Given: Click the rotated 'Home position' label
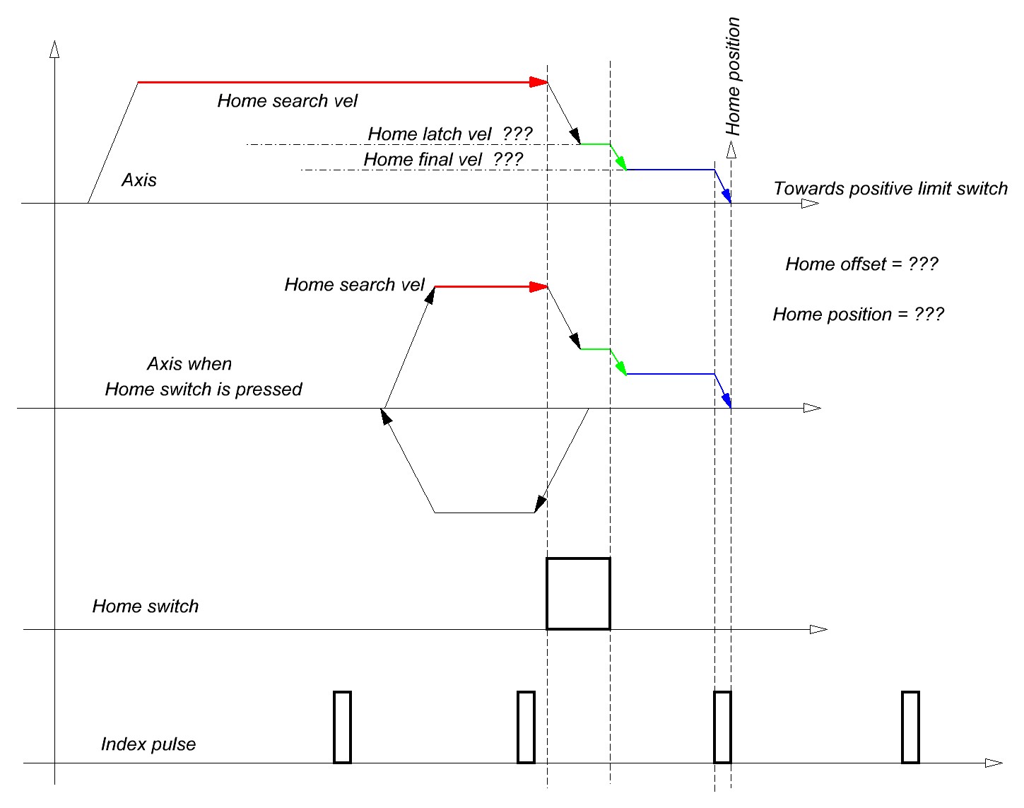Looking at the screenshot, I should coord(734,76).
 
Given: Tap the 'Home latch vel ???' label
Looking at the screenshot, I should coord(449,134).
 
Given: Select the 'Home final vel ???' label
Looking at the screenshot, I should coord(443,159).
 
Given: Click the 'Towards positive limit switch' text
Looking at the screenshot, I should coord(890,189).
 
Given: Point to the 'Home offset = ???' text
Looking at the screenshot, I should coord(861,264).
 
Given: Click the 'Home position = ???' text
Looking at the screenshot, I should coord(858,315).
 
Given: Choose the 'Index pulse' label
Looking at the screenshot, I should coord(148,744).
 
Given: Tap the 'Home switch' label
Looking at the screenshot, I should coord(146,606).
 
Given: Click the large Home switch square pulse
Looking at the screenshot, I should coord(578,593).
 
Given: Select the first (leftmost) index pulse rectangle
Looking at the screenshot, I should coord(342,727).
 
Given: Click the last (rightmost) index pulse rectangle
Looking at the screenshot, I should coord(910,727).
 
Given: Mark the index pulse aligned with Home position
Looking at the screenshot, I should coord(722,727).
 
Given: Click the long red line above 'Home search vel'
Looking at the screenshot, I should coord(339,83).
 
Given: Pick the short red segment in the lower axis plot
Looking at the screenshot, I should coord(488,286).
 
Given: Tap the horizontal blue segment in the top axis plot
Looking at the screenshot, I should coord(670,170).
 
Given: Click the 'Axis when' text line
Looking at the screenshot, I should coord(189,364).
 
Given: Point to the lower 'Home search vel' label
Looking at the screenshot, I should coord(354,285).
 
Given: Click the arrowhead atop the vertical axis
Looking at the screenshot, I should coord(54,49).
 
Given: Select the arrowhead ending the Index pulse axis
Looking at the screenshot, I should coord(994,763).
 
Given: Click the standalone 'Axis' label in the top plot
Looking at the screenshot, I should coord(139,180).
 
